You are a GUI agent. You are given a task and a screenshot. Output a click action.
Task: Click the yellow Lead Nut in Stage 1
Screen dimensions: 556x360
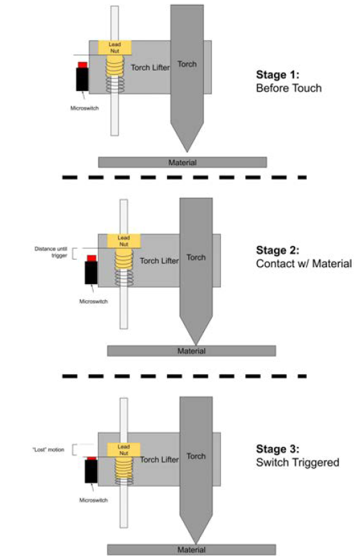[114, 48]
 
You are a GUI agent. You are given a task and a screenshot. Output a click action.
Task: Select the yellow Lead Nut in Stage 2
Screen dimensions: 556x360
[124, 241]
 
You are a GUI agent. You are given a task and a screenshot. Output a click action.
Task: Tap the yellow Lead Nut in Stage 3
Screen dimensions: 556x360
[124, 450]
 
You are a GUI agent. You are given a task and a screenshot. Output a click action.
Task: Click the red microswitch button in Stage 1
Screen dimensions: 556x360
[82, 65]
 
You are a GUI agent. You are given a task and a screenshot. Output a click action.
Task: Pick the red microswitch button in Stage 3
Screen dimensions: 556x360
[91, 459]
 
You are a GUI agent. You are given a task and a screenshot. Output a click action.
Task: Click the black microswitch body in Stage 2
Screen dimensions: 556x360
[91, 273]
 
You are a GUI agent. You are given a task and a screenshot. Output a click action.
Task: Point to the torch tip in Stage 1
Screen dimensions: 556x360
[185, 148]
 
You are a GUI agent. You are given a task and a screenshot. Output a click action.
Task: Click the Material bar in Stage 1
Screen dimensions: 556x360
[182, 162]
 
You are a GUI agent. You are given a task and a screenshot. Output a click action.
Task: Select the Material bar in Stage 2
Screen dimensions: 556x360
[192, 350]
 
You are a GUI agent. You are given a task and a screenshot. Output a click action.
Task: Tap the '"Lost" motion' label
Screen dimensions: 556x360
[48, 450]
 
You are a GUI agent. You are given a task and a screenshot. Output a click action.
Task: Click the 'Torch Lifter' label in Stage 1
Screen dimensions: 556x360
[150, 68]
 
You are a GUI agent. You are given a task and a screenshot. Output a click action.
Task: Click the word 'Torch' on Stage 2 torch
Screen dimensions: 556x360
[196, 257]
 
